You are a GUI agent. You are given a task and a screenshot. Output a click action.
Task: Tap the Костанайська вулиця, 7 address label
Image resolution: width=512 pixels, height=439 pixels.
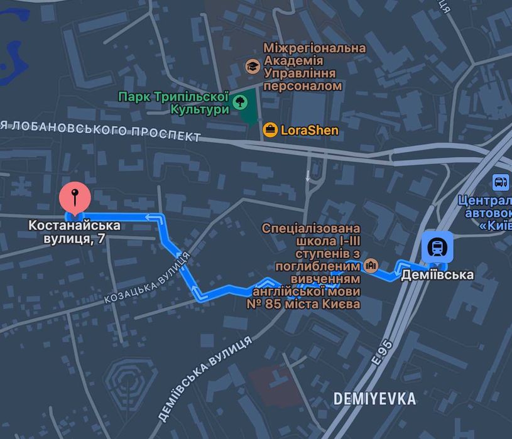(75, 232)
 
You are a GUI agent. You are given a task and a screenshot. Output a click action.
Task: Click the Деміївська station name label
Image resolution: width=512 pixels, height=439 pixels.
(437, 274)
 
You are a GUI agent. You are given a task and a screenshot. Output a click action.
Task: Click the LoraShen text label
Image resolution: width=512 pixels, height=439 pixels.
(310, 131)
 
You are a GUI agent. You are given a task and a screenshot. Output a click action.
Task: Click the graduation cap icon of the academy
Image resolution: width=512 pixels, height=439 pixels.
(252, 66)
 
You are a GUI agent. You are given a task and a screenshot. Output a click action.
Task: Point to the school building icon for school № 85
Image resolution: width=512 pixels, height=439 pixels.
(371, 265)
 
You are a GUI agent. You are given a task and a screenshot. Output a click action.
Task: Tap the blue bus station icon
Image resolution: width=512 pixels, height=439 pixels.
(501, 182)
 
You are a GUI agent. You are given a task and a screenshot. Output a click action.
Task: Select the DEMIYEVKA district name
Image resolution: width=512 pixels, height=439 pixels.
(374, 398)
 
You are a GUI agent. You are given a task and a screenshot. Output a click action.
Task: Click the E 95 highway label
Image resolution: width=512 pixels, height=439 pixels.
(381, 353)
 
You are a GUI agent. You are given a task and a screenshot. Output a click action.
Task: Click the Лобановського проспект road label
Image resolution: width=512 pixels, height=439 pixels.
(101, 130)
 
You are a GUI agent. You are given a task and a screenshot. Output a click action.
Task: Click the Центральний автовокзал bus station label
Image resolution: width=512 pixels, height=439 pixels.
(486, 214)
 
